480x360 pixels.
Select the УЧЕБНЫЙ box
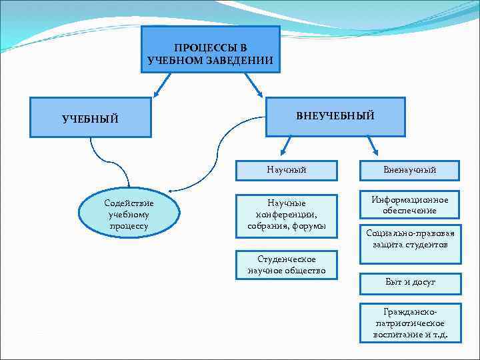(x=91, y=119)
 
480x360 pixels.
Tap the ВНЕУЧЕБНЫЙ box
(x=335, y=116)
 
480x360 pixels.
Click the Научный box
(x=286, y=170)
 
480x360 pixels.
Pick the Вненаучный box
(x=410, y=170)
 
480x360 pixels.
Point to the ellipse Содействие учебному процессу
(x=129, y=214)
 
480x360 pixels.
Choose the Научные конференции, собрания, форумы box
(x=286, y=214)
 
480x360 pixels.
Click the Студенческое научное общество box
(x=286, y=265)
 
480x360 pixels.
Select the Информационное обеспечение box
(x=410, y=205)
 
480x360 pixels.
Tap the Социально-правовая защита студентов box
(x=410, y=239)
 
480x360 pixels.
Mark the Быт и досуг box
(x=410, y=283)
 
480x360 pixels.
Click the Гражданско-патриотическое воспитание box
(x=410, y=323)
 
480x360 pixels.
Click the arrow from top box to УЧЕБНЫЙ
(x=163, y=83)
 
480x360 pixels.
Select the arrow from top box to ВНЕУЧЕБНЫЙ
(x=254, y=83)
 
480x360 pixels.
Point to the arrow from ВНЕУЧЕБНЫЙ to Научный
(x=285, y=145)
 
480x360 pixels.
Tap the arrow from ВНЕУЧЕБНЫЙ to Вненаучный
(x=372, y=145)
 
